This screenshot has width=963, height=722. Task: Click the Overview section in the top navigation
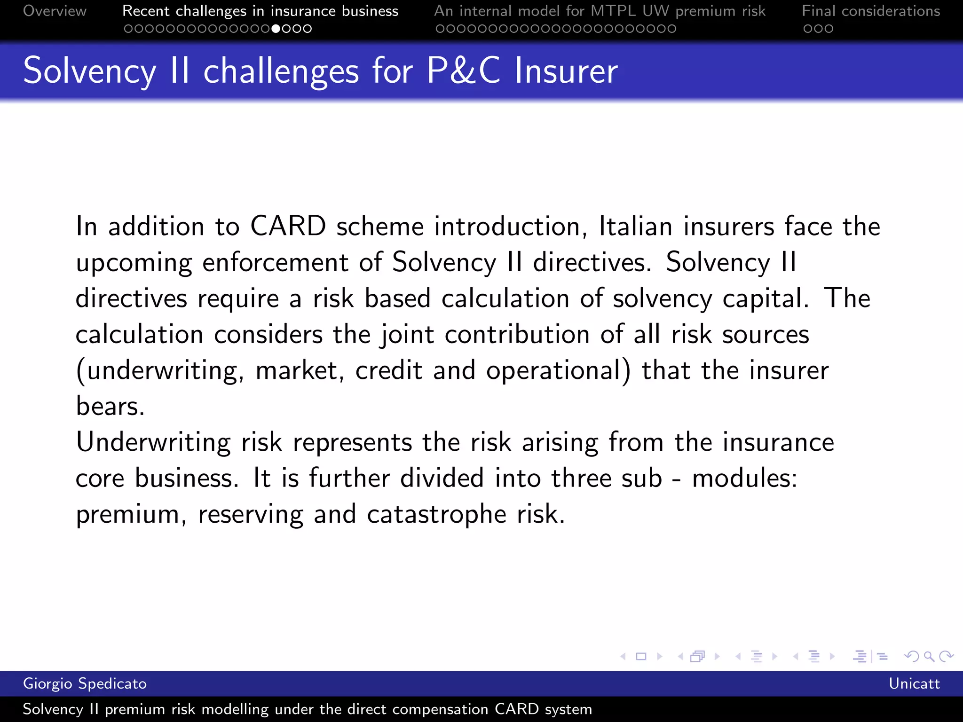coord(55,11)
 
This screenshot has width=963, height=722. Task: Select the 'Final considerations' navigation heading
coord(871,11)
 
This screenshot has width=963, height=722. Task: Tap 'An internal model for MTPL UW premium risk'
coord(600,11)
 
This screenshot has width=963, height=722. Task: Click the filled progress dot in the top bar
coord(276,29)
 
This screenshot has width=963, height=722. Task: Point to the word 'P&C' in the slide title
coord(464,71)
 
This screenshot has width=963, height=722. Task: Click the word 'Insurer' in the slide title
coord(566,71)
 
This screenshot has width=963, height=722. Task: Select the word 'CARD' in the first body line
coord(288,226)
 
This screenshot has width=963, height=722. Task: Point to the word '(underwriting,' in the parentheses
coord(160,370)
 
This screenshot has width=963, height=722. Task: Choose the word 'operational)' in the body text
coord(558,370)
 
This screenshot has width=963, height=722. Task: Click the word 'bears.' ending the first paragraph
coord(110,406)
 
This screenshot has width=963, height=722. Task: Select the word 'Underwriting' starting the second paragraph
coord(153,442)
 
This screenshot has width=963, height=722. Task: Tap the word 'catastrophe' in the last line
coord(436,514)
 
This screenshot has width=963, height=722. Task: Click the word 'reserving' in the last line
coord(251,514)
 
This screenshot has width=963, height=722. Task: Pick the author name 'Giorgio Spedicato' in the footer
coord(85,683)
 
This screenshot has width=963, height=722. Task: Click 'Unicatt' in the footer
coord(914,683)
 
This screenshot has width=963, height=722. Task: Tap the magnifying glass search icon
coord(929,656)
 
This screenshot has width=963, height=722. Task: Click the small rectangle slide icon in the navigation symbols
coord(641,656)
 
